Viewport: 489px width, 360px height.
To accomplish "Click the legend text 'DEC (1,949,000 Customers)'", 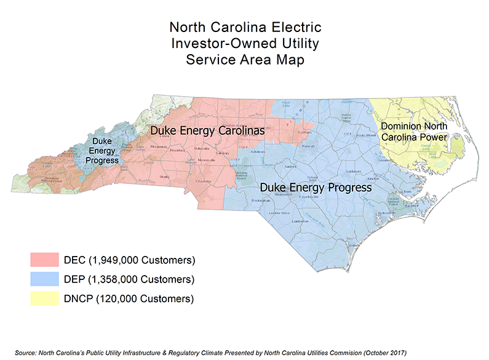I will pos(129,259).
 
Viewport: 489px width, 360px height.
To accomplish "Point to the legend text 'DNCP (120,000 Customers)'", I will pos(129,299).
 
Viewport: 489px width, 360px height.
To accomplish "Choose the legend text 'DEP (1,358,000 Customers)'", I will pos(129,279).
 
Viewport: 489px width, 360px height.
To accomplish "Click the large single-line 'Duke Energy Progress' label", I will pos(316,187).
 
